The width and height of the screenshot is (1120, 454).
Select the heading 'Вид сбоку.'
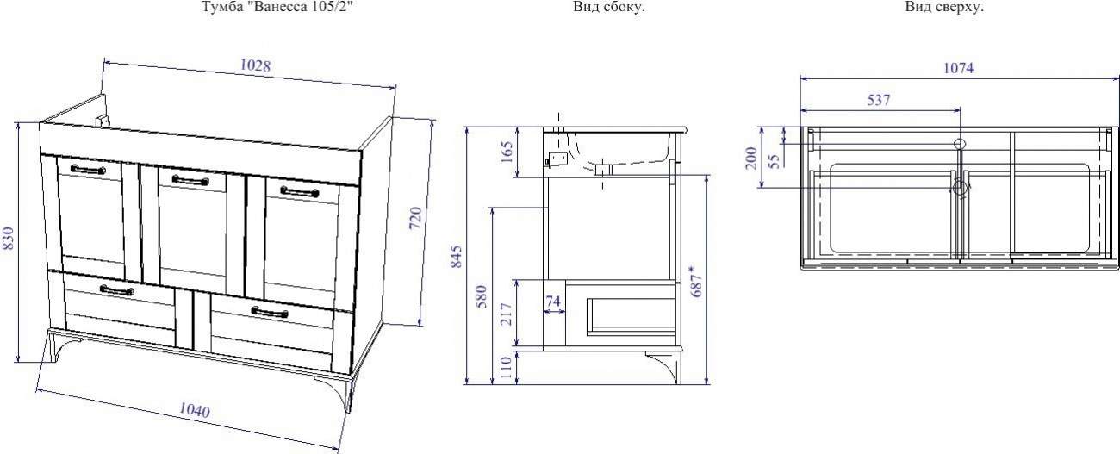click(609, 7)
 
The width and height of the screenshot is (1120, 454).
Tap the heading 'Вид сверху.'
click(944, 7)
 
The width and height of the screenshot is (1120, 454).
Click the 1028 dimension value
click(255, 65)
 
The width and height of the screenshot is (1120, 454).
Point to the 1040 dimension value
click(195, 411)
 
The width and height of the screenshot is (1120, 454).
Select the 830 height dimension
click(9, 239)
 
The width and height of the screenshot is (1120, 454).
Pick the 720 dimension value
click(415, 219)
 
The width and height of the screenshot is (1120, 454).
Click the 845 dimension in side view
click(456, 257)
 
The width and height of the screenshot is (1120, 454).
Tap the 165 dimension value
click(507, 152)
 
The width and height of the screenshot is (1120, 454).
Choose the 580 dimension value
click(481, 296)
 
